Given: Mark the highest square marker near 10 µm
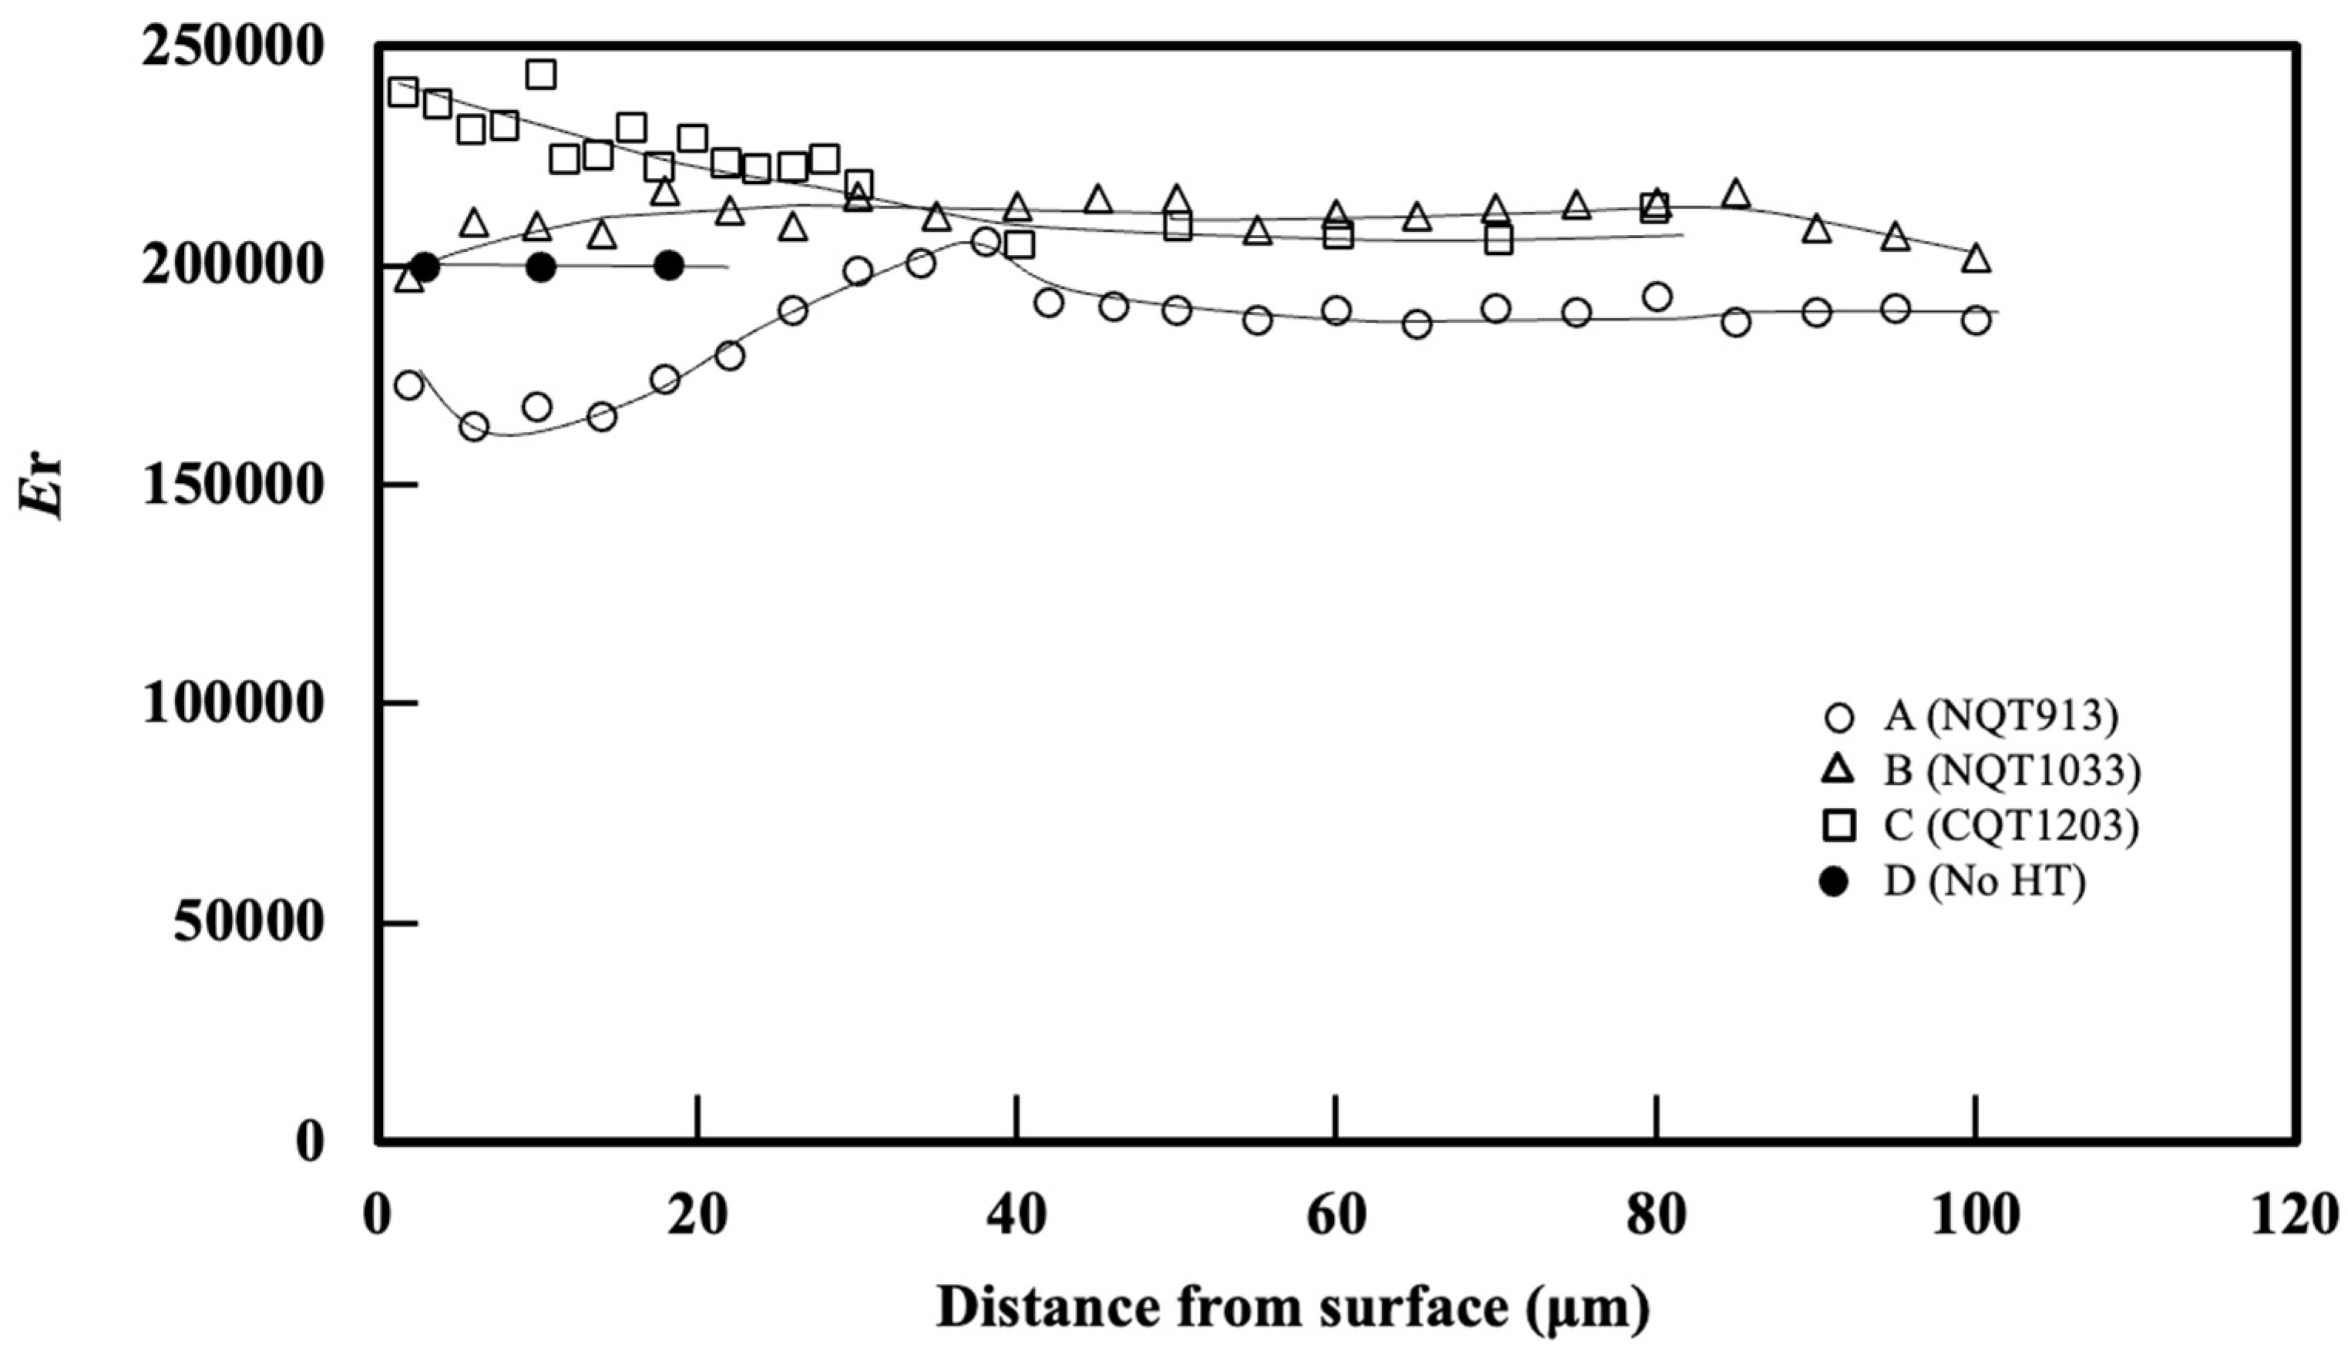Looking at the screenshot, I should point(541,74).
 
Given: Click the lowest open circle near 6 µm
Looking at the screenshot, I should point(474,427).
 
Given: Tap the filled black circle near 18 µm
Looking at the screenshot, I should point(668,267).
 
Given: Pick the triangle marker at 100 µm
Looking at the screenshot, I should point(1976,259).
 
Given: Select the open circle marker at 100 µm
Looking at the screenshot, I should point(1976,320).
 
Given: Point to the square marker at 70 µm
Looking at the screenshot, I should point(1498,240).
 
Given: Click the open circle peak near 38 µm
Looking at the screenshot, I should point(986,242).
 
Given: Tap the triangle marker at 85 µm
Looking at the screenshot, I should point(1736,195).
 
